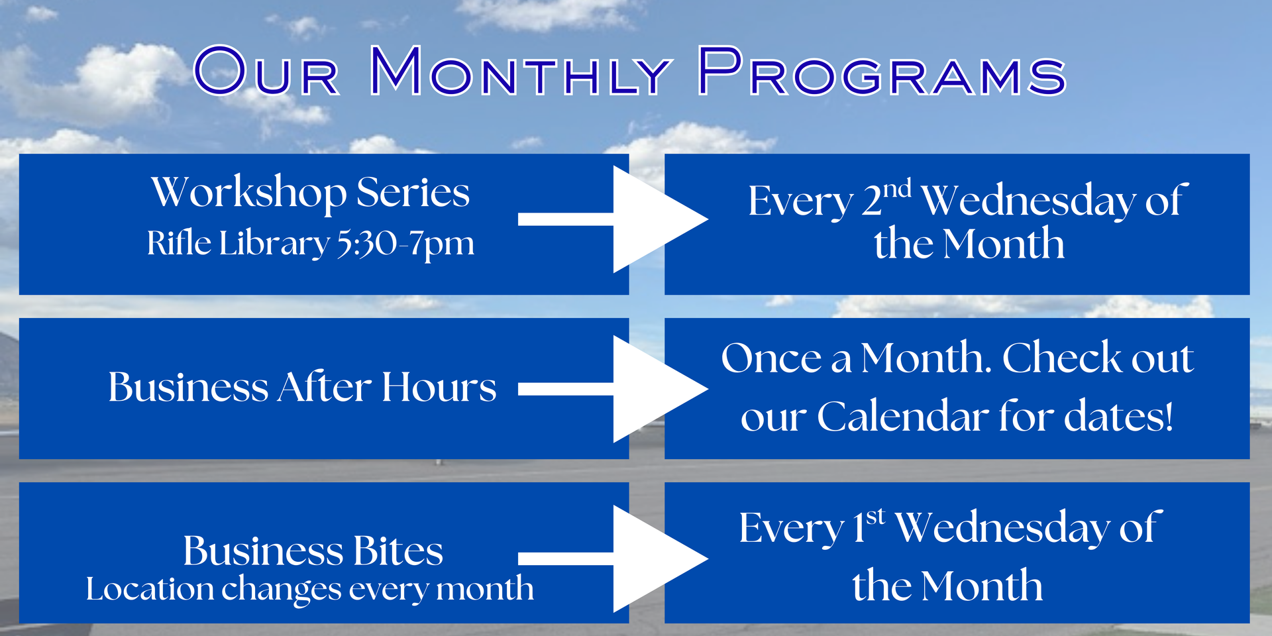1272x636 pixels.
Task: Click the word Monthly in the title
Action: tap(520, 71)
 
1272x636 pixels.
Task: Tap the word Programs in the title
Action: tap(882, 71)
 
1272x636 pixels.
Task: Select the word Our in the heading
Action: tap(266, 71)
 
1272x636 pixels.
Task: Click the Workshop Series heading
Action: tap(311, 193)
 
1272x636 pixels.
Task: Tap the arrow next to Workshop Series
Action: tap(613, 219)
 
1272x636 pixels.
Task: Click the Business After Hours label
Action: tap(302, 387)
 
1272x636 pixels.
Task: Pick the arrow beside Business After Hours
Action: tap(613, 389)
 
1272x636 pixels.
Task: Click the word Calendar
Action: tap(902, 417)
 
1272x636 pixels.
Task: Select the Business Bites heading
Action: tap(313, 551)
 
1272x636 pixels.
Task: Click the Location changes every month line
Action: tap(309, 589)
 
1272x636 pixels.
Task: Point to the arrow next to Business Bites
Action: tap(613, 558)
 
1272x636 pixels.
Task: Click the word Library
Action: tap(274, 244)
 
